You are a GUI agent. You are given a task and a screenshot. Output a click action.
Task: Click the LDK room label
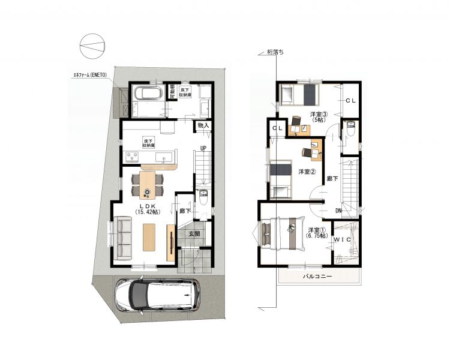pos(148,209)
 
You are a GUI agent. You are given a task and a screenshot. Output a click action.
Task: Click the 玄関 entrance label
pos(194,234)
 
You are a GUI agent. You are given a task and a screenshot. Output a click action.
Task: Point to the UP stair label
pos(203,148)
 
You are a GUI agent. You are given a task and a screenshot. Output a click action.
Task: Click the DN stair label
pos(338,211)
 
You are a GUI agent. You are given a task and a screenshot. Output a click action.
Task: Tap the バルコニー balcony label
pos(317,277)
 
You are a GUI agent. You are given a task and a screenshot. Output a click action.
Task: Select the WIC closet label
pos(342,239)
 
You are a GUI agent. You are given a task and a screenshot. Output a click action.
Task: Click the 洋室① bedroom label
pos(317,233)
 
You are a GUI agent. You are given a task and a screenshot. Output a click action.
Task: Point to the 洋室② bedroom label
pos(307,172)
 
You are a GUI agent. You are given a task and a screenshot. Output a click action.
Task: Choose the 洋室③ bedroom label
pos(319,116)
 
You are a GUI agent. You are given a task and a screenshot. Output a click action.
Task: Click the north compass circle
pos(92,46)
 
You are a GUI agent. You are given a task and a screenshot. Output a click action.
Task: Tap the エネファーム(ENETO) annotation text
pos(90,75)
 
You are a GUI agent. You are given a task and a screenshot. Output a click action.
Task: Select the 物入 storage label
pos(203,125)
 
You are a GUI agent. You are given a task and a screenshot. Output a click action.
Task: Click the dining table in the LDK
pos(147,185)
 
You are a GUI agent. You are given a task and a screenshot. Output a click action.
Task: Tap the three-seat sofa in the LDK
pos(123,238)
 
